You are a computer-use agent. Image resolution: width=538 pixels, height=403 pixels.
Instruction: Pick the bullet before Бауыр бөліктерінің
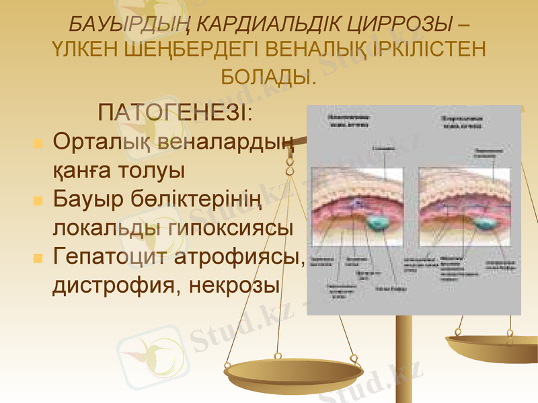(x=38, y=200)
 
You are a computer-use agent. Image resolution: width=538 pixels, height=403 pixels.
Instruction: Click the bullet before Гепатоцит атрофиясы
(x=38, y=258)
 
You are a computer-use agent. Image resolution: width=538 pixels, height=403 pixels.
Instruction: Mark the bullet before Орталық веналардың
(x=38, y=144)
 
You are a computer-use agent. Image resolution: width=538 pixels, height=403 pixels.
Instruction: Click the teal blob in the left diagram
(x=378, y=221)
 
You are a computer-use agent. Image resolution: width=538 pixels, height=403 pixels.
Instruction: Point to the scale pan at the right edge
(x=494, y=346)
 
